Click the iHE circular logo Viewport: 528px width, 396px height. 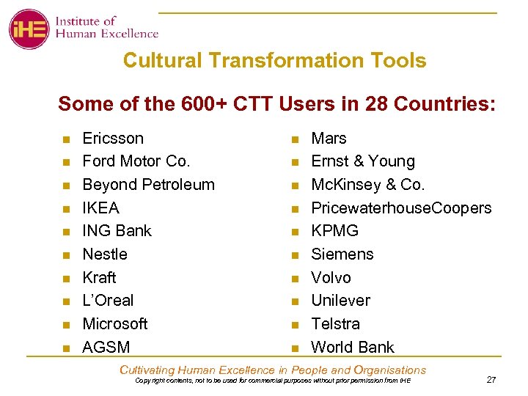point(29,29)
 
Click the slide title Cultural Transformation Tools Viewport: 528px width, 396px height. point(274,60)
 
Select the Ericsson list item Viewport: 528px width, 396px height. point(113,138)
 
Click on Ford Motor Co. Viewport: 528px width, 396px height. point(136,161)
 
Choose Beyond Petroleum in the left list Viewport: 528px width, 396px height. point(148,185)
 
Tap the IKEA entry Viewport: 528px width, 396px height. point(100,208)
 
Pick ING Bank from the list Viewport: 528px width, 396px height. point(117,231)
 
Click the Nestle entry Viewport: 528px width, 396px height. point(105,254)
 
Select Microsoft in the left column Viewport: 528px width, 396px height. point(115,323)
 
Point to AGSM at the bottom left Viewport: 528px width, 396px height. point(106,347)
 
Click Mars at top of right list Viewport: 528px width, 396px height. point(329,138)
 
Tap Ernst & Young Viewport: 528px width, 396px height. point(363,161)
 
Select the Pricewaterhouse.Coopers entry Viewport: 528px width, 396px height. point(401,208)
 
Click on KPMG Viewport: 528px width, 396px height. point(335,231)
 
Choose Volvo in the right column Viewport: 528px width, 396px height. point(331,278)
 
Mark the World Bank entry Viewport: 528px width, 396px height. point(353,347)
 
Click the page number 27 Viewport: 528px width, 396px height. point(491,379)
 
